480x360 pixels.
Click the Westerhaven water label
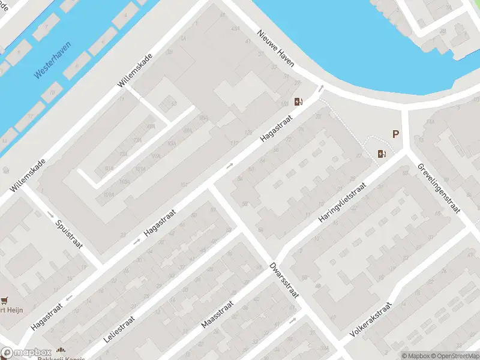[52, 61]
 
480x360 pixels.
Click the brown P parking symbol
[396, 135]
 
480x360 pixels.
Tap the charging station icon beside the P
[381, 154]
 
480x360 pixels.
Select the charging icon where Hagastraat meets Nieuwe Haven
[298, 101]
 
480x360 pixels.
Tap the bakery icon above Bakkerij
[60, 350]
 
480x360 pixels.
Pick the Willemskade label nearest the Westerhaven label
[136, 71]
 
